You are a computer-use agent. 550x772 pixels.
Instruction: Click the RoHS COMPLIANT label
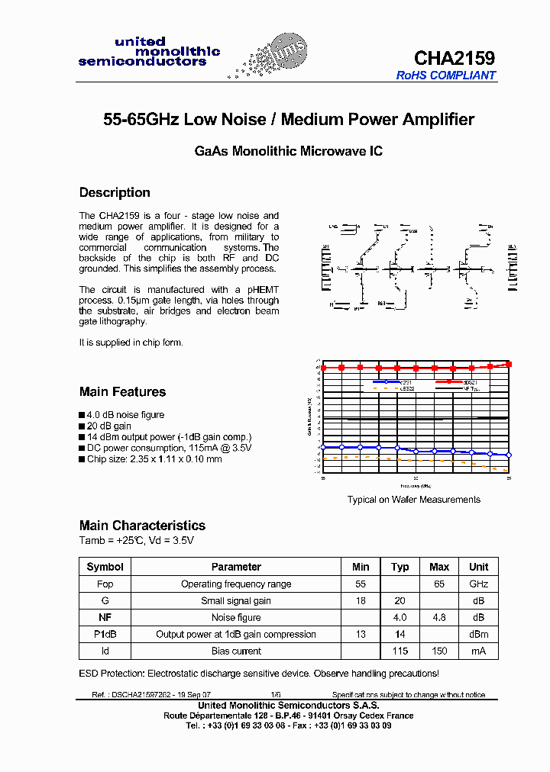446,76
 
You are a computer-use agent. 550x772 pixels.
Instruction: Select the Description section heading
115,192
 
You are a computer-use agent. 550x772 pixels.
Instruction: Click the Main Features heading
122,391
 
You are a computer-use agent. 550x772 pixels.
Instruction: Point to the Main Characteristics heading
142,525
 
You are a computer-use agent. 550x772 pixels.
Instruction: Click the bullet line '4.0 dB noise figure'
125,415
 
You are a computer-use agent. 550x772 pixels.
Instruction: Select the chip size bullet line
154,458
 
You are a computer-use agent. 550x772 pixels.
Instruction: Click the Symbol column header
105,567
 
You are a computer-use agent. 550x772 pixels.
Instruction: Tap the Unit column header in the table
478,567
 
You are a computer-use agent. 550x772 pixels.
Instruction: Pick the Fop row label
105,584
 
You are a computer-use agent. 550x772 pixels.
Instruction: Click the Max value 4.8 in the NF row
439,617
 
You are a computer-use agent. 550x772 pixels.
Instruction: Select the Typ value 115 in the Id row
400,651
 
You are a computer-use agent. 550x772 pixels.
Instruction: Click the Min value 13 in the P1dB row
361,634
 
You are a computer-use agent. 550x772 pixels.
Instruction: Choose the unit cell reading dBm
478,634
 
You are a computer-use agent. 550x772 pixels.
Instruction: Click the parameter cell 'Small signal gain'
236,600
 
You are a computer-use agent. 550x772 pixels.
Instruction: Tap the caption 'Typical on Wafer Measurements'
414,500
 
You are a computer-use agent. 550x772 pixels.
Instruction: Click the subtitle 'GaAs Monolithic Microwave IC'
289,151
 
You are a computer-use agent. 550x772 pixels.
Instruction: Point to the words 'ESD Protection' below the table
112,674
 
